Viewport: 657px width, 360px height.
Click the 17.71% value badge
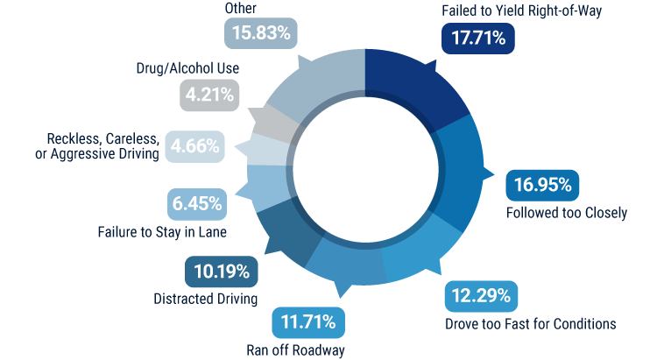click(477, 39)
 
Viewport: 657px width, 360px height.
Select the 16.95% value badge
click(544, 185)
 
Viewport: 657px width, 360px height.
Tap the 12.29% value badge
click(479, 296)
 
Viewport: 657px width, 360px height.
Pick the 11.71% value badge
click(307, 322)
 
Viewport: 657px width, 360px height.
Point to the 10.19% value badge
click(221, 271)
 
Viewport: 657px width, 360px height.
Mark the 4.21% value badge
click(208, 95)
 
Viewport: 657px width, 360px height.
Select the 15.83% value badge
click(261, 33)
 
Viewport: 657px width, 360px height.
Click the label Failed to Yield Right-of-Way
click(510, 11)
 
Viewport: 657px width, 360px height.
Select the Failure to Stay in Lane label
click(161, 232)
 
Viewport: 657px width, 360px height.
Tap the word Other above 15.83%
click(241, 9)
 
